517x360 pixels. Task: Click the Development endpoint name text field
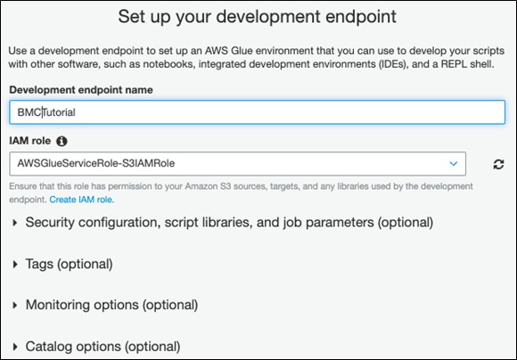257,112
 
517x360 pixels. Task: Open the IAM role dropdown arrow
454,164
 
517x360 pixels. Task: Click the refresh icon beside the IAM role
498,164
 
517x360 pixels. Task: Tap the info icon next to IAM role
62,141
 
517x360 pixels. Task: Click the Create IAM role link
82,200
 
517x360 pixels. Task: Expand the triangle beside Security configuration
15,223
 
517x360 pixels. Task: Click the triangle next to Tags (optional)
15,264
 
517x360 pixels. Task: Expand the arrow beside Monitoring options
15,306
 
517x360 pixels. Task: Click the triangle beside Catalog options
15,347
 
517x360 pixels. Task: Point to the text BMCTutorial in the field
46,112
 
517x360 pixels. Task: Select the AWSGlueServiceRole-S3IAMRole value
96,163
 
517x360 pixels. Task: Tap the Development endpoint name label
81,90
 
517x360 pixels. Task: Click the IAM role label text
30,141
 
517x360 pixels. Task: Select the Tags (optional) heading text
70,264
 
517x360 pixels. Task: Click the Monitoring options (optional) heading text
111,305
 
